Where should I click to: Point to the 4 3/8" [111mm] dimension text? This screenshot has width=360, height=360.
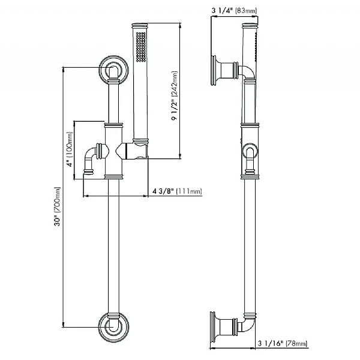[176, 191]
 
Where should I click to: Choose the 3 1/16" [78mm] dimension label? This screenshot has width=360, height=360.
[283, 343]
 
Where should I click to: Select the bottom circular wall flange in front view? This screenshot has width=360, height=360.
[113, 327]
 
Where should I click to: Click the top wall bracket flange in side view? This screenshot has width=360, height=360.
[214, 70]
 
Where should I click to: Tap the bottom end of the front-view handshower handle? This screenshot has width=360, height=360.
[140, 144]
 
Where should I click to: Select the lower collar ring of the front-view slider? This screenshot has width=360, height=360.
[113, 176]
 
